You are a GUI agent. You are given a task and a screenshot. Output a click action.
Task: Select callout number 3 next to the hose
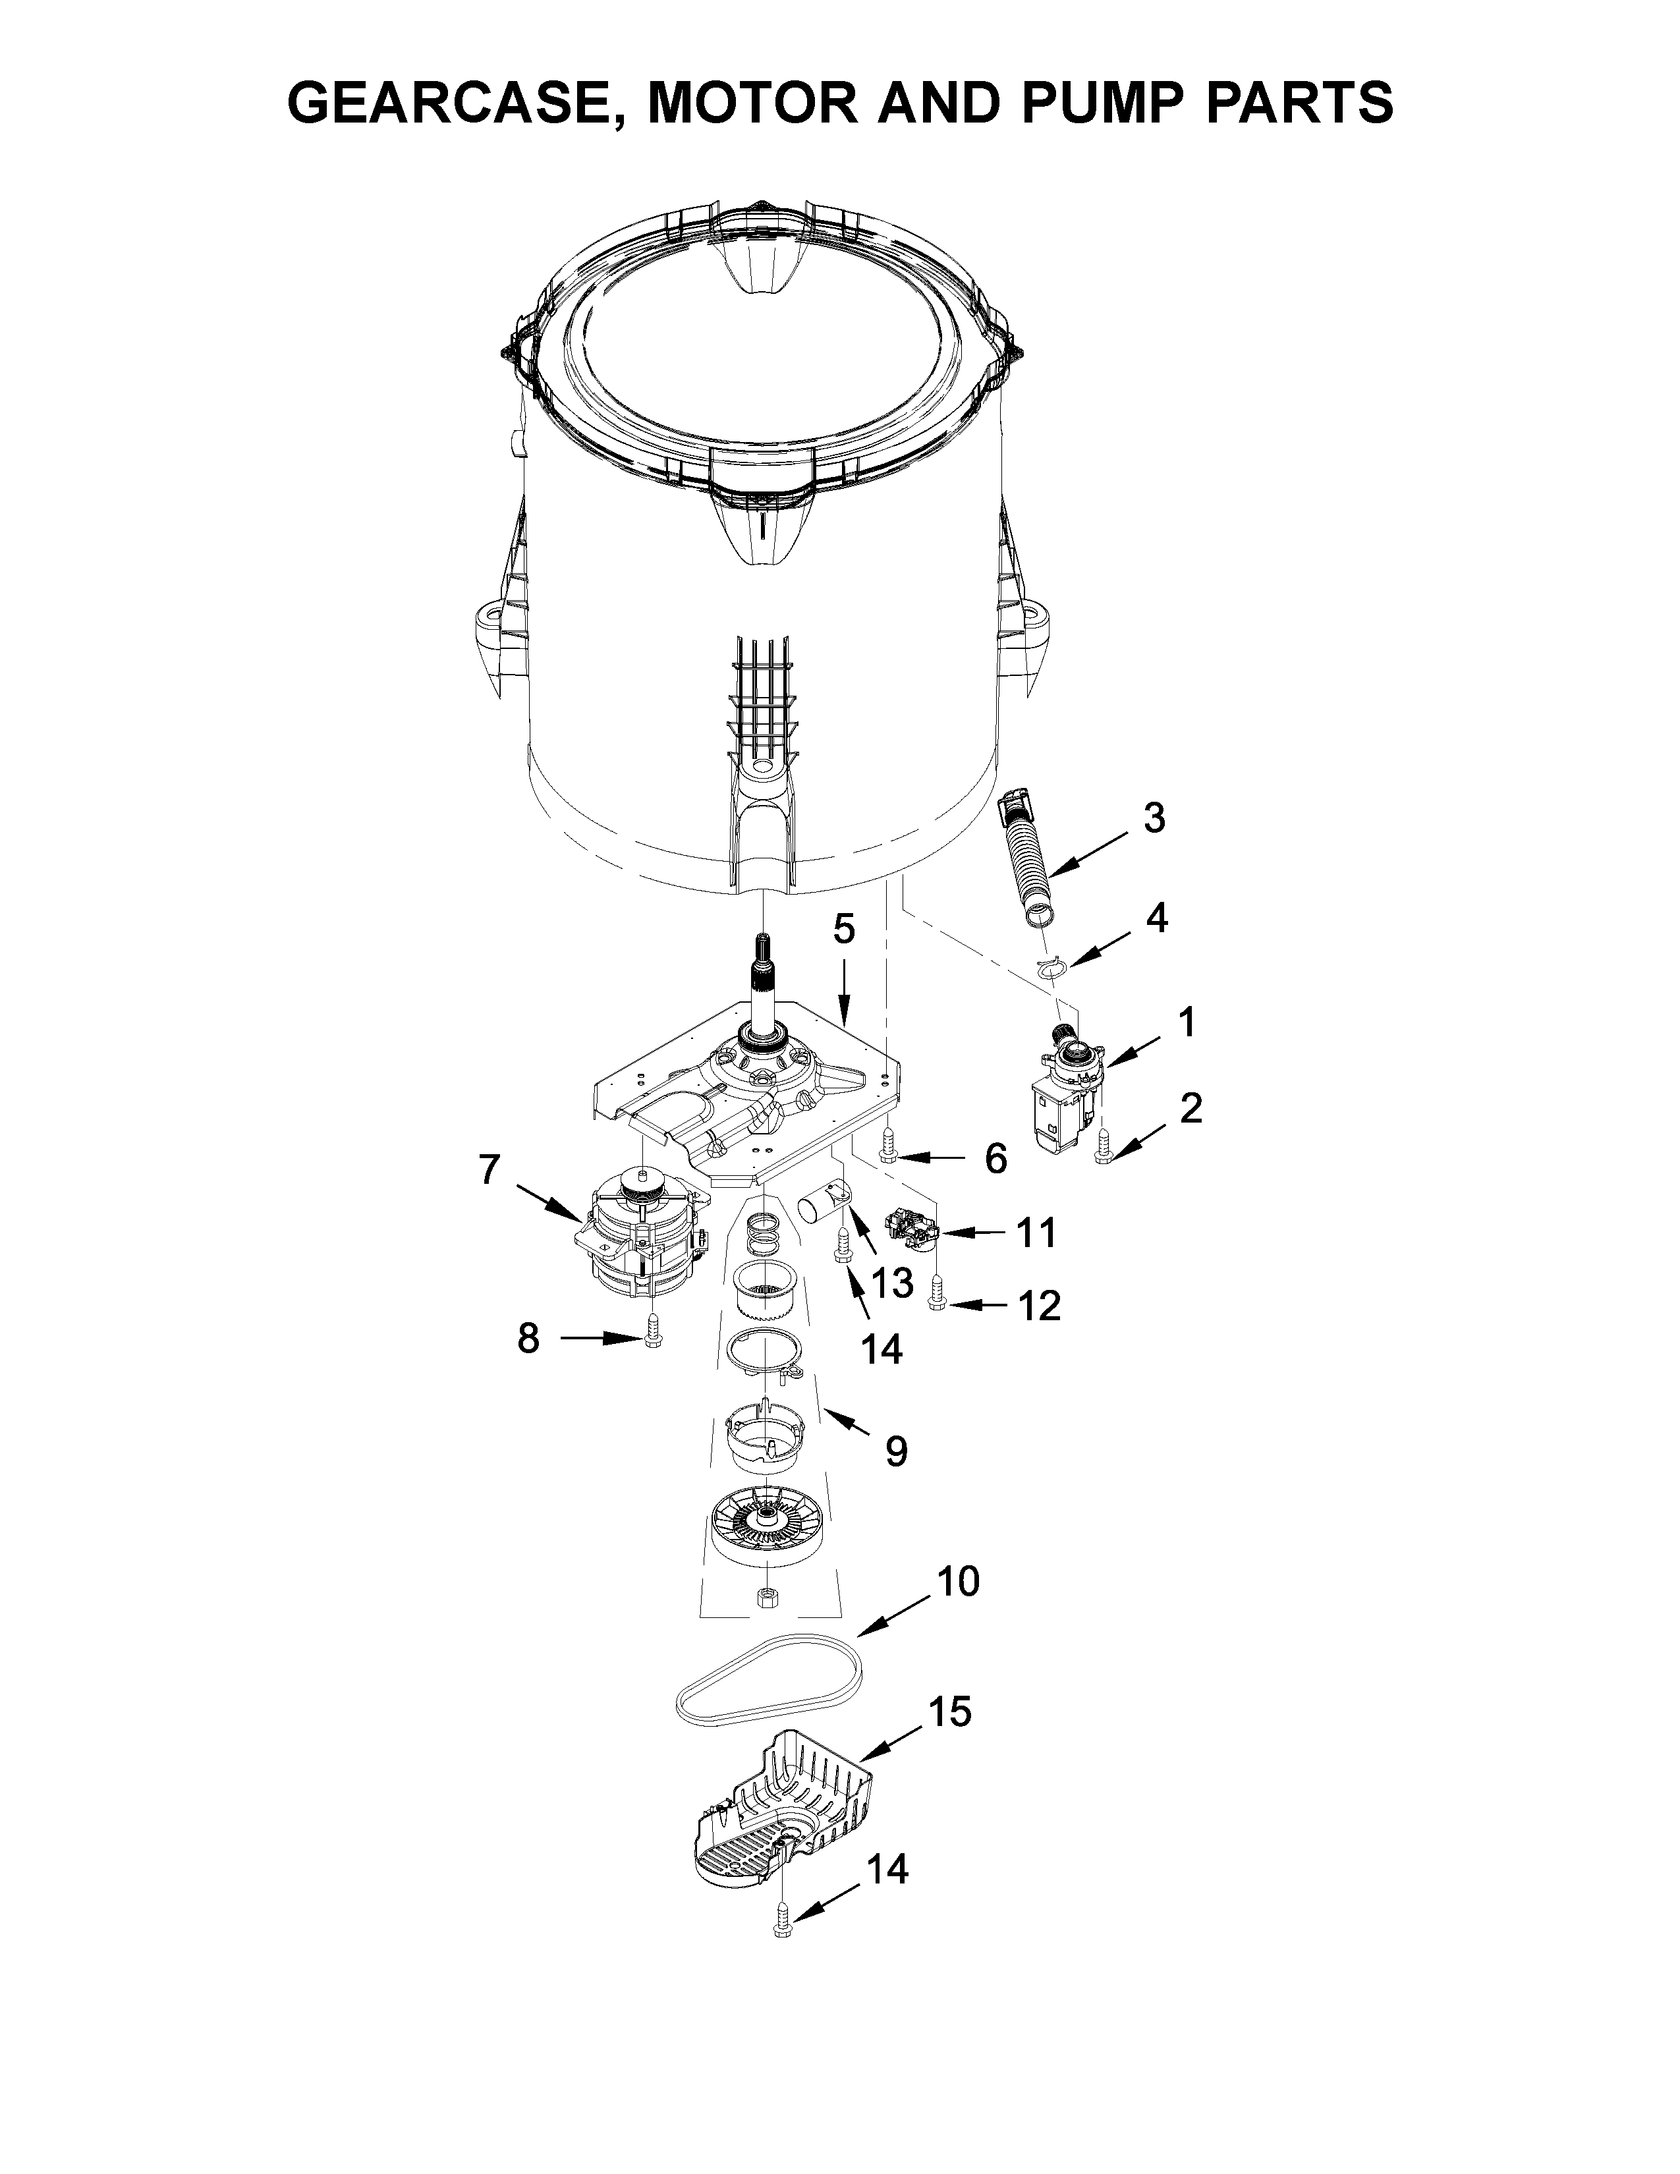(x=1152, y=818)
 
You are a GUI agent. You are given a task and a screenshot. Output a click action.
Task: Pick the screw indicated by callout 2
(x=1102, y=1149)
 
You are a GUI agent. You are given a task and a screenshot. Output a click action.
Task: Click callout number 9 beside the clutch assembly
(x=896, y=1451)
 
